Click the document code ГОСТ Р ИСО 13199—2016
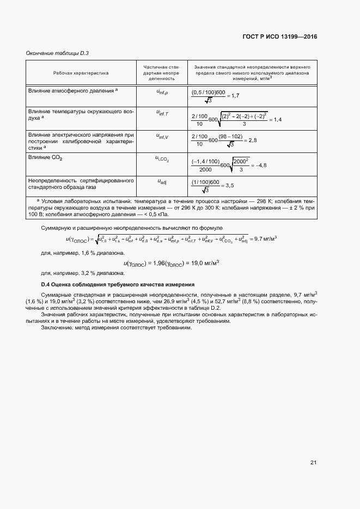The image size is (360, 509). click(279, 37)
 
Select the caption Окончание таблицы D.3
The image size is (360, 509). click(57, 53)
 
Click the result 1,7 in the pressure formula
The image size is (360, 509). click(235, 96)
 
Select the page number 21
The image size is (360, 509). click(313, 462)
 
